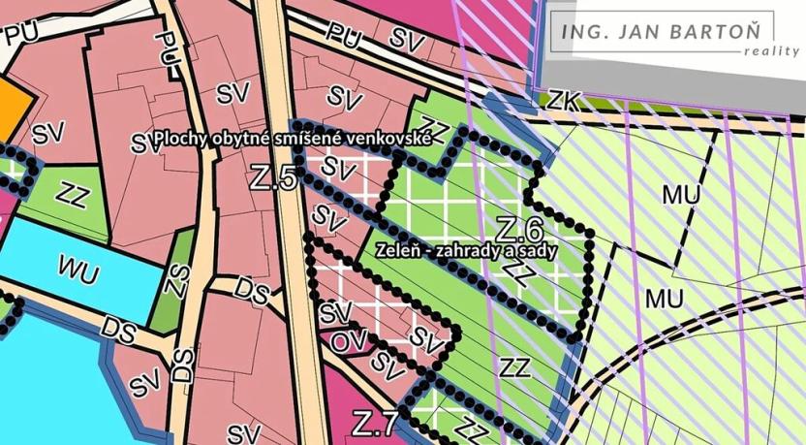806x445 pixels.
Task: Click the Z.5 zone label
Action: coord(272,178)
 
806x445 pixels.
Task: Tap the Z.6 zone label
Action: coord(518,230)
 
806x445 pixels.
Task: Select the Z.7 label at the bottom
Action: coord(374,424)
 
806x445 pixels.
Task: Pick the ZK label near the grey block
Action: coord(565,99)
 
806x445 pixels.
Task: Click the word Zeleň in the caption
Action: coord(399,249)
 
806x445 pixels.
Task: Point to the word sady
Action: coord(567,249)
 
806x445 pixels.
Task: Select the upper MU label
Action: coord(683,194)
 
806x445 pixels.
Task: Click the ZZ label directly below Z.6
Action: coord(518,272)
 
